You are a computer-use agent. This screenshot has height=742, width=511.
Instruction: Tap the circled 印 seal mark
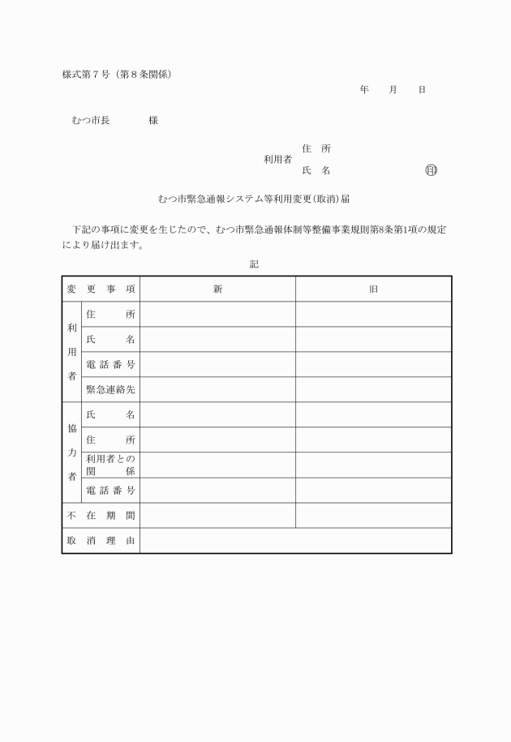click(431, 171)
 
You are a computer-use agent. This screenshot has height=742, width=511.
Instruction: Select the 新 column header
click(217, 290)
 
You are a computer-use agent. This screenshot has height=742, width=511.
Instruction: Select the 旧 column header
click(373, 290)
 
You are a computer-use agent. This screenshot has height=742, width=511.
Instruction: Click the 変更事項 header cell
click(101, 290)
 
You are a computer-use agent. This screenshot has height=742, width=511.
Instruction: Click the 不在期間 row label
click(101, 516)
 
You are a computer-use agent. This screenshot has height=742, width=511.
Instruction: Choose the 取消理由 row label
click(101, 541)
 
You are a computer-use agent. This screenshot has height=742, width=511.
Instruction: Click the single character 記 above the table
click(255, 264)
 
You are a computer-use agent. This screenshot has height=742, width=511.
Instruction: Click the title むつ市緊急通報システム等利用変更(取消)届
click(254, 198)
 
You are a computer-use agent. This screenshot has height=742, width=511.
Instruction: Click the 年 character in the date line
click(364, 89)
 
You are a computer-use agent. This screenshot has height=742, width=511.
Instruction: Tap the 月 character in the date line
click(393, 89)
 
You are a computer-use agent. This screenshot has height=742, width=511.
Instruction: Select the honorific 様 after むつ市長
click(152, 121)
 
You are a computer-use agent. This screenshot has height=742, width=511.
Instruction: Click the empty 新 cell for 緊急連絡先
click(217, 390)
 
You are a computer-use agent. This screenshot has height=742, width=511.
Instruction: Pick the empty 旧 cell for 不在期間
click(373, 516)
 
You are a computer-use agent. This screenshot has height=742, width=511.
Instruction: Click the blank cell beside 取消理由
click(295, 541)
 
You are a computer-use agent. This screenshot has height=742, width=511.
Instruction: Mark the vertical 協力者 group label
click(72, 452)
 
